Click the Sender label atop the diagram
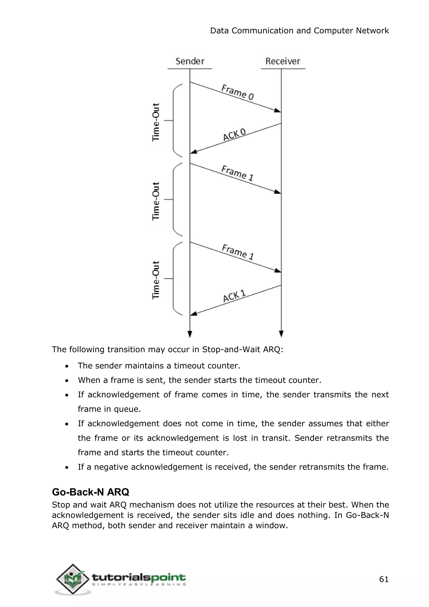(x=190, y=61)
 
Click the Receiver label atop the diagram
(x=283, y=61)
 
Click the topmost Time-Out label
(x=156, y=122)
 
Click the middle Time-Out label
(x=156, y=201)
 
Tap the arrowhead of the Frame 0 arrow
(x=278, y=110)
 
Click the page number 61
(x=384, y=579)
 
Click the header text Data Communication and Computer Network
(x=299, y=31)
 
